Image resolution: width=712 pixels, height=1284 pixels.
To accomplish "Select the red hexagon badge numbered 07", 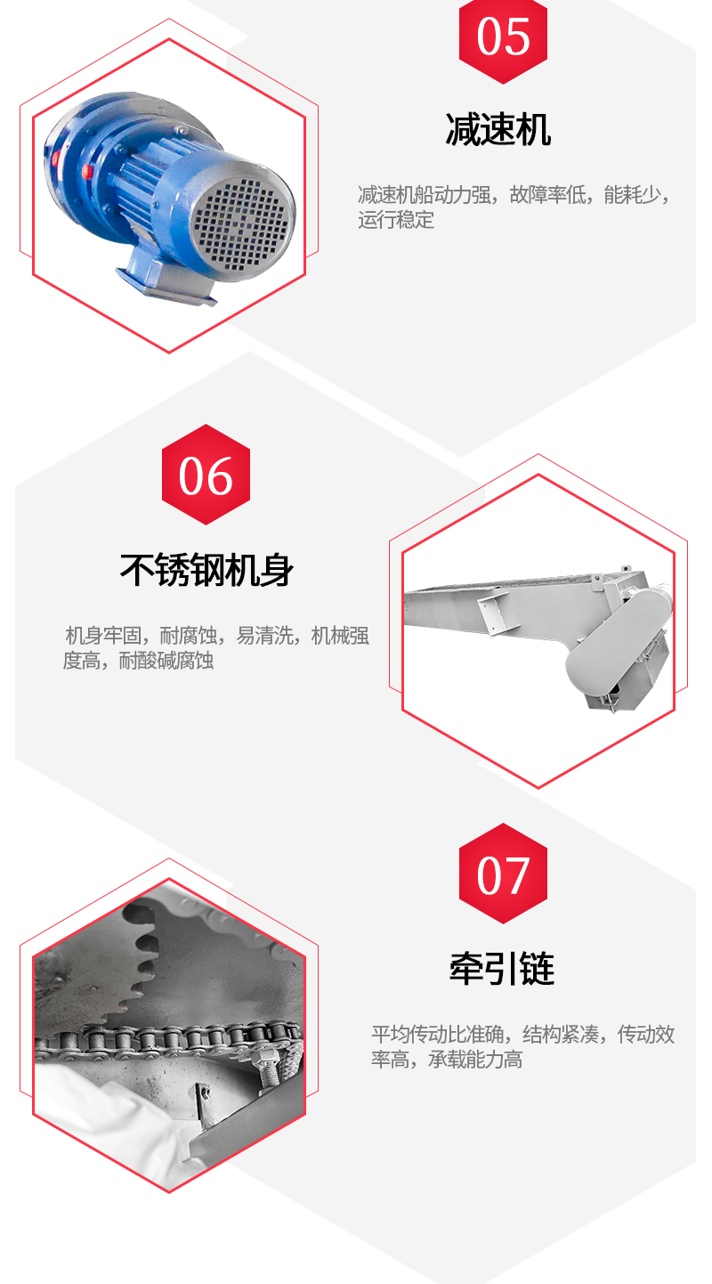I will point(503,874).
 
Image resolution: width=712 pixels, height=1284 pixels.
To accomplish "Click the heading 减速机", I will point(498,130).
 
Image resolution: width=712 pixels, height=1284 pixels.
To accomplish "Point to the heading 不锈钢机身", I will point(206,571).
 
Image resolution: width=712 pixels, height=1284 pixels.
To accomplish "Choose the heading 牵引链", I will point(502,968).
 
